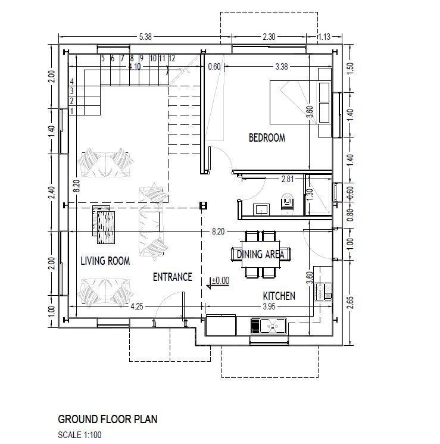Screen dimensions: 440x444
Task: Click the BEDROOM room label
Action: (x=267, y=138)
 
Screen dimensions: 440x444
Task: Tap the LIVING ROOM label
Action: (x=105, y=261)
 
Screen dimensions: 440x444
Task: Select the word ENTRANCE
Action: (x=173, y=277)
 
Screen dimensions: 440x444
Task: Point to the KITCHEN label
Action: (x=279, y=296)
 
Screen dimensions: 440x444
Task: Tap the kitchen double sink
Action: (x=269, y=326)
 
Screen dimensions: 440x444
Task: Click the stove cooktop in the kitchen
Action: (x=323, y=292)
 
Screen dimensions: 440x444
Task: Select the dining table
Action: (x=261, y=254)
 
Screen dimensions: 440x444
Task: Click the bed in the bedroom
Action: (x=300, y=102)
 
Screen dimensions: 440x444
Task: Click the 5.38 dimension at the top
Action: (x=145, y=37)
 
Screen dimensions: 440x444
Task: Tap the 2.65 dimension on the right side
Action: (x=351, y=304)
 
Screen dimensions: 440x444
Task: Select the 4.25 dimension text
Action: (x=137, y=307)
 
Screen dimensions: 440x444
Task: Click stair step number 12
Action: (x=172, y=58)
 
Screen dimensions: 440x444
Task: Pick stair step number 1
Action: (x=71, y=111)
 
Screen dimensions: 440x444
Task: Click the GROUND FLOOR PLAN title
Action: (x=108, y=420)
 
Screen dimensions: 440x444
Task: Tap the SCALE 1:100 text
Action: (x=80, y=434)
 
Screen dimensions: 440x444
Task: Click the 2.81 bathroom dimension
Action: (x=288, y=179)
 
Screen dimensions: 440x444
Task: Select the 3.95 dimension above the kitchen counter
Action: (x=269, y=307)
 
